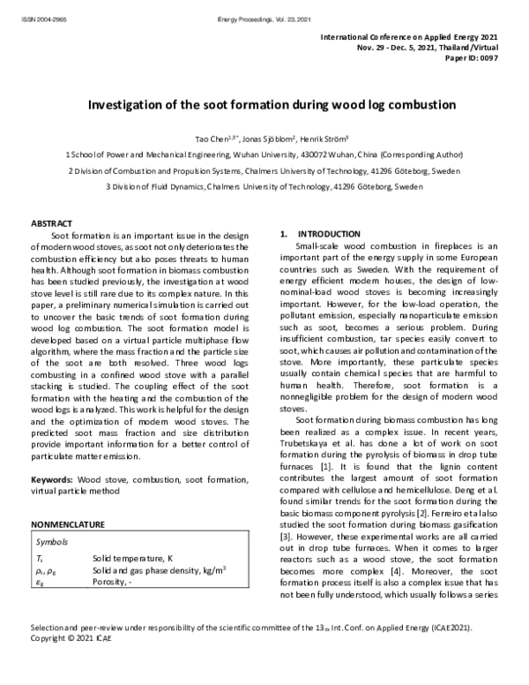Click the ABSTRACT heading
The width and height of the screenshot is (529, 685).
click(x=51, y=224)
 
